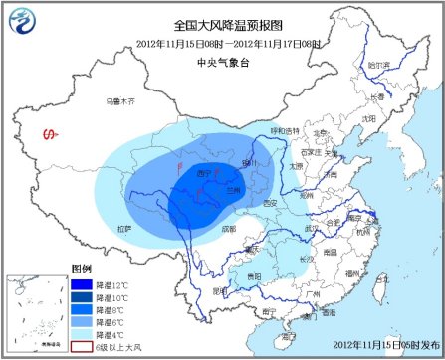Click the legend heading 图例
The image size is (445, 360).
[x=82, y=270]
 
